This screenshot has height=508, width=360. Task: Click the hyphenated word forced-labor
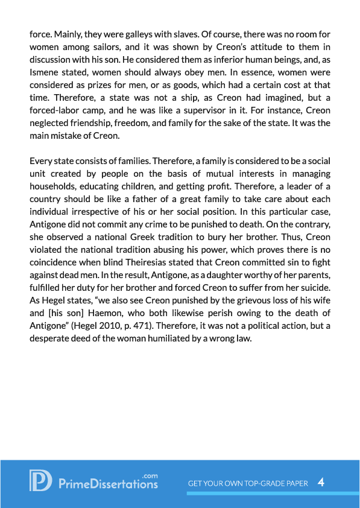60,115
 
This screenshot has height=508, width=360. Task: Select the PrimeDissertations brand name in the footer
109,483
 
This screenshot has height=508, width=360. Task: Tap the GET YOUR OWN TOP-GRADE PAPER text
248,483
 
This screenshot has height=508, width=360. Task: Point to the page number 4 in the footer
321,482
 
